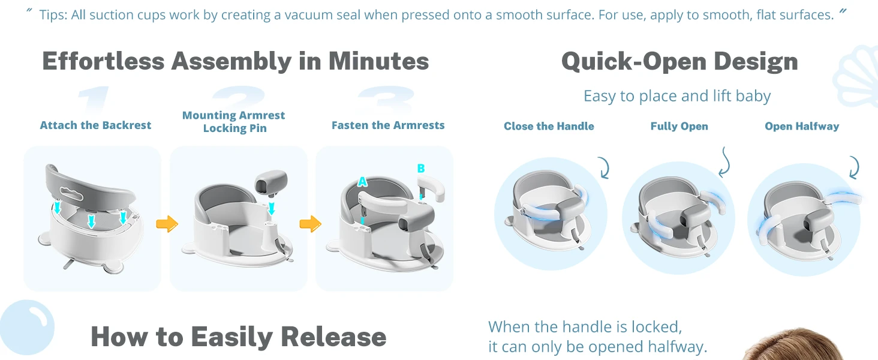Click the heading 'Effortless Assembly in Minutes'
[x=235, y=61]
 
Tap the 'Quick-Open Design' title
[x=679, y=62]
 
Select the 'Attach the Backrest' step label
[x=95, y=125]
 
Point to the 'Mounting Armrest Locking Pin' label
[x=234, y=122]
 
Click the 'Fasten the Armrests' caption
[x=388, y=125]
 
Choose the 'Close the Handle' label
[x=549, y=126]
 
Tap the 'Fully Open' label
[x=679, y=126]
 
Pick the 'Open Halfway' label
[x=802, y=126]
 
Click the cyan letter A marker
[x=363, y=182]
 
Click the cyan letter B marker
[x=421, y=168]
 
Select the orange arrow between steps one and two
[x=167, y=224]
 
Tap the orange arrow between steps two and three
[x=311, y=224]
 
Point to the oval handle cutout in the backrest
[x=71, y=193]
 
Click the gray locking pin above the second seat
[x=271, y=183]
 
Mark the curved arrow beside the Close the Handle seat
[x=605, y=168]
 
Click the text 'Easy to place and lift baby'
[x=677, y=96]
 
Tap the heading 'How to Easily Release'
[x=238, y=337]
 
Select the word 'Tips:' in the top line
[x=53, y=15]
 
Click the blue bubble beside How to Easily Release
[x=26, y=328]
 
